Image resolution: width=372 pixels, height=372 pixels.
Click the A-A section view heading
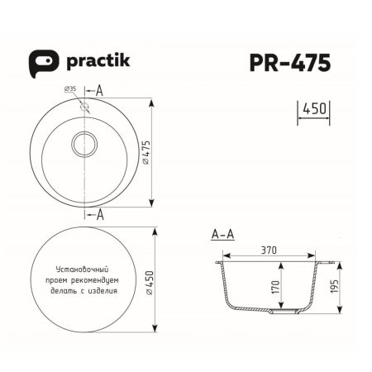point(223,234)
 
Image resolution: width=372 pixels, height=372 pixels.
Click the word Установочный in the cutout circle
point(83,269)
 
